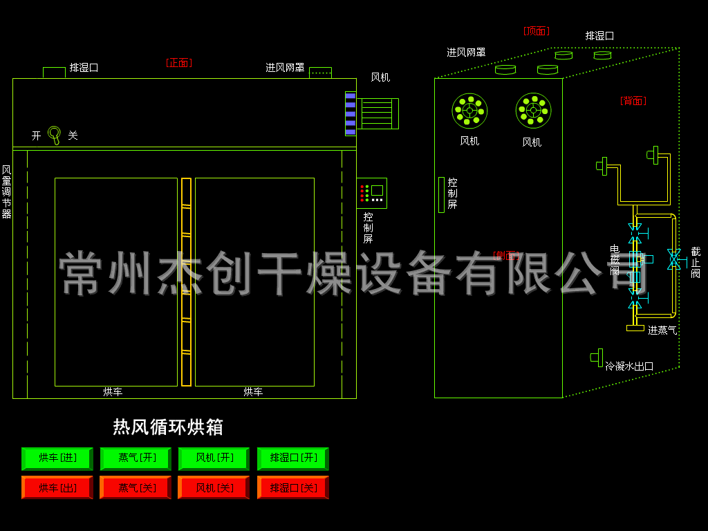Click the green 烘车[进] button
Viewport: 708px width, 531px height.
click(x=57, y=458)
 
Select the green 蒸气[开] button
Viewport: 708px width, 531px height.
click(x=136, y=458)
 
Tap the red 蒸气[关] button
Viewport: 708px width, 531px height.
click(x=136, y=487)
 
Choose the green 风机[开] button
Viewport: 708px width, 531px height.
click(x=214, y=458)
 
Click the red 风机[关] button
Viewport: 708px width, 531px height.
click(x=214, y=487)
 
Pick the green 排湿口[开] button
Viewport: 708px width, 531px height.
click(x=293, y=458)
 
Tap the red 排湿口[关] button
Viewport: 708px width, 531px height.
click(x=293, y=487)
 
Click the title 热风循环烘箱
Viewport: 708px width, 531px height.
click(x=168, y=427)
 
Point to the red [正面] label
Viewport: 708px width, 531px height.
click(x=179, y=63)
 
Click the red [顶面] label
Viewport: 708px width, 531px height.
click(x=536, y=31)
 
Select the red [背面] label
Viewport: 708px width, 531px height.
click(x=633, y=101)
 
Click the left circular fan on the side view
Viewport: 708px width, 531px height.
click(x=469, y=111)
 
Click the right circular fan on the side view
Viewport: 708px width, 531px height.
click(x=533, y=111)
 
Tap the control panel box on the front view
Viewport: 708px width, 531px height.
click(x=371, y=193)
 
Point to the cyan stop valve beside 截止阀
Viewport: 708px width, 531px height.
click(x=673, y=259)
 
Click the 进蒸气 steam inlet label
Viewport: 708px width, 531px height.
click(x=662, y=330)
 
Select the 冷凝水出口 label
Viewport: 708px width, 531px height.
click(x=629, y=366)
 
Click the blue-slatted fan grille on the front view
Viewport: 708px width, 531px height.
click(x=351, y=113)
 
